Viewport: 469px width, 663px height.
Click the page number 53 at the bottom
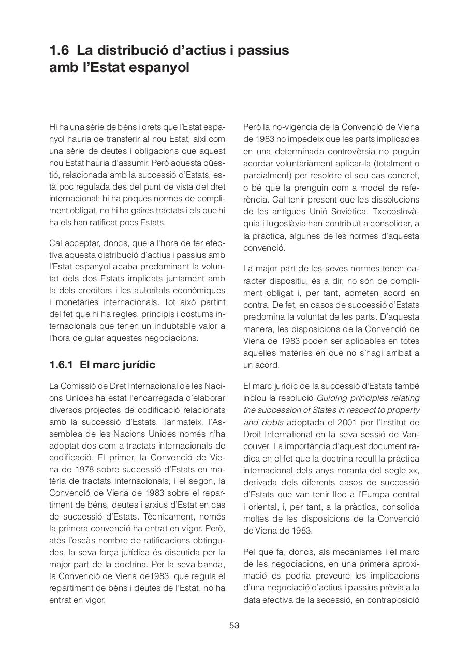pos(234,625)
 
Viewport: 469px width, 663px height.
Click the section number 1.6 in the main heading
pos(60,51)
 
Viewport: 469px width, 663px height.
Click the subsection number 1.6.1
pos(61,365)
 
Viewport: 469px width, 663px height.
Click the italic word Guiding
pos(331,398)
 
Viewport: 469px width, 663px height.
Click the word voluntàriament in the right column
pos(300,163)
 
